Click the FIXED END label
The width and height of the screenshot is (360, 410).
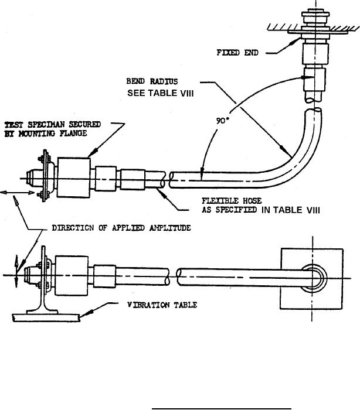pos(237,53)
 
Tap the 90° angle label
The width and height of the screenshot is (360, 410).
pos(222,121)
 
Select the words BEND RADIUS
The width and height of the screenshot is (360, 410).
pos(152,81)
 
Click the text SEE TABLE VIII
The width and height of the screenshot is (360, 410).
pos(160,93)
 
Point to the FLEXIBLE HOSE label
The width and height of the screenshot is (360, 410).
pos(232,201)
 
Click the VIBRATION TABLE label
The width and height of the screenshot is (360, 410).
pos(162,305)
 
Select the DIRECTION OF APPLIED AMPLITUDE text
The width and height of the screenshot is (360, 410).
pos(121,228)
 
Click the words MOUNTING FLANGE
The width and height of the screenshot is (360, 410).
pos(52,134)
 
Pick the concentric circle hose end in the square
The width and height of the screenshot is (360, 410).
pos(314,278)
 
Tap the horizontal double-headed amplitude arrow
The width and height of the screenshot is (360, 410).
pos(17,193)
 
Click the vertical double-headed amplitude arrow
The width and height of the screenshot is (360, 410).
pos(16,271)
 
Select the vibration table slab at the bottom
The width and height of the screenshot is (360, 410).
pos(46,317)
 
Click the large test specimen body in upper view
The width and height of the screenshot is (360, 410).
pos(74,177)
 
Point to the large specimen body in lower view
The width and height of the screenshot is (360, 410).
pos(72,276)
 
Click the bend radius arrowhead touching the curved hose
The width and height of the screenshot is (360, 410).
pos(286,152)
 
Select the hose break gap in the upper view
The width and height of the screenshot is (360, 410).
pos(167,179)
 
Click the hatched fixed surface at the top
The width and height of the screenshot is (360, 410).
pos(314,28)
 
